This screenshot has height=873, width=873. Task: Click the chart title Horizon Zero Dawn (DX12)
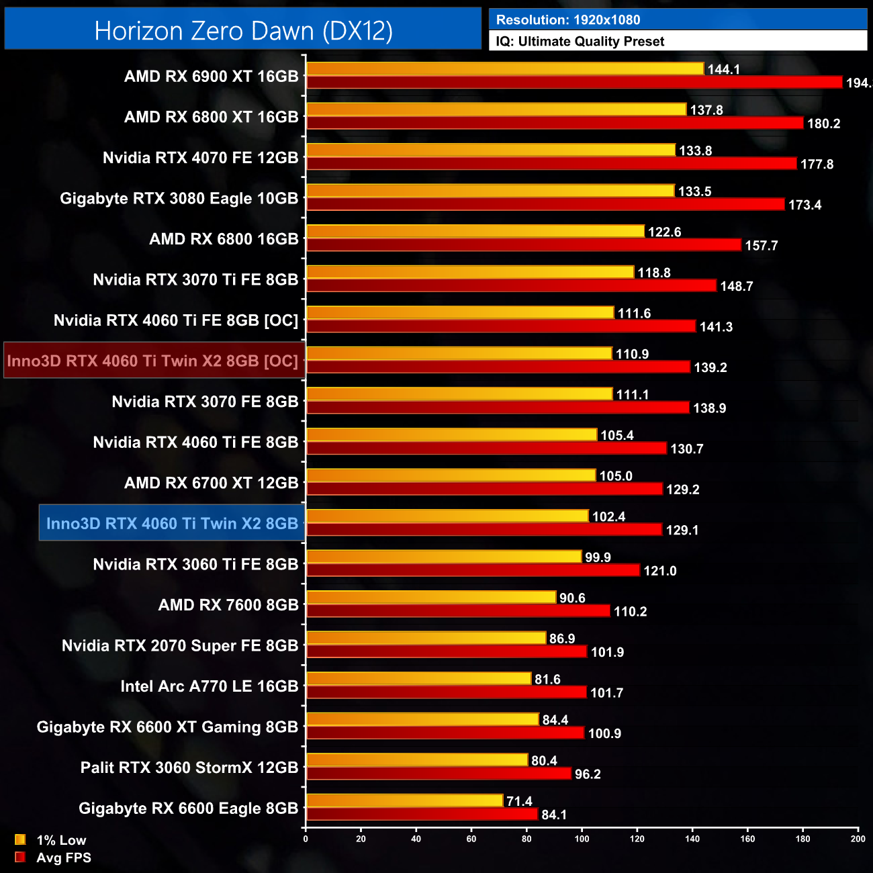[x=243, y=31]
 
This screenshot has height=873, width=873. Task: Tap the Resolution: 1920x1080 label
[x=568, y=20]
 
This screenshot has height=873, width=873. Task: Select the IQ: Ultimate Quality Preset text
[x=580, y=42]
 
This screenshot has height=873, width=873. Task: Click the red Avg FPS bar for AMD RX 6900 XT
[x=574, y=83]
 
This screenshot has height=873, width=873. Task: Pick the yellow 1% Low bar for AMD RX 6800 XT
[x=496, y=109]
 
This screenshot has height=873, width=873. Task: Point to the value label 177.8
[x=817, y=165]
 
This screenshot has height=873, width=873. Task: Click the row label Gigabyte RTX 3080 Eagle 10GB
[x=179, y=199]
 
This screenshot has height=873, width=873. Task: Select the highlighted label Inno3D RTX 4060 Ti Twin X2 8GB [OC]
[x=153, y=361]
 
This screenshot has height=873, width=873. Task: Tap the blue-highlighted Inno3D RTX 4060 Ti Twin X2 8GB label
[x=172, y=524]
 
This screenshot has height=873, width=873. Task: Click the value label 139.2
[x=710, y=368]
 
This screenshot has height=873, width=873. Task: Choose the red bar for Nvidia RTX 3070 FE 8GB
[x=498, y=408]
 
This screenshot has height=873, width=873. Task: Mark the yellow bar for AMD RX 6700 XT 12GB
[x=451, y=475]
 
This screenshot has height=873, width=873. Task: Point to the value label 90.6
[x=572, y=598]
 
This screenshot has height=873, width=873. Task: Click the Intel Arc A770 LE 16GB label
[x=209, y=686]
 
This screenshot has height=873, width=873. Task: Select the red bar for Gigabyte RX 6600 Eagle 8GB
[x=422, y=814]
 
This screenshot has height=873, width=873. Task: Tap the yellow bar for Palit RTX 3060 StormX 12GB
[x=417, y=760]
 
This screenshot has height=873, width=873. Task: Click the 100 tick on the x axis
[x=582, y=839]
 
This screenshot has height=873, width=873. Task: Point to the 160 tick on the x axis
[x=747, y=839]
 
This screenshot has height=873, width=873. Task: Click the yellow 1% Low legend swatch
[x=20, y=839]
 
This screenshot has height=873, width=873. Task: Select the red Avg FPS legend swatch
[x=20, y=857]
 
